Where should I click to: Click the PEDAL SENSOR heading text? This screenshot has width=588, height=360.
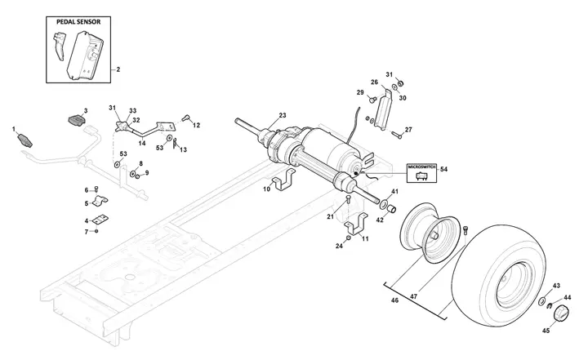pos(78,21)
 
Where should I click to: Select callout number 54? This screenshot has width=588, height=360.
pos(444,169)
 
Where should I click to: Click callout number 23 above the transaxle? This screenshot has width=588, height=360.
pos(283,115)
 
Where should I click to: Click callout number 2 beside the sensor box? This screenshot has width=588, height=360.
pos(118,70)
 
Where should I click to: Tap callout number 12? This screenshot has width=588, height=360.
pos(196,124)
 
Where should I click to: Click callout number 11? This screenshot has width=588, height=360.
pos(365,238)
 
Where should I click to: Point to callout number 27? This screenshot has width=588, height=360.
pos(408,130)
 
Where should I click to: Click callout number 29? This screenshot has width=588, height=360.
pos(360,92)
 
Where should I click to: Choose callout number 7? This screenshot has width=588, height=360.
pos(86,232)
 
